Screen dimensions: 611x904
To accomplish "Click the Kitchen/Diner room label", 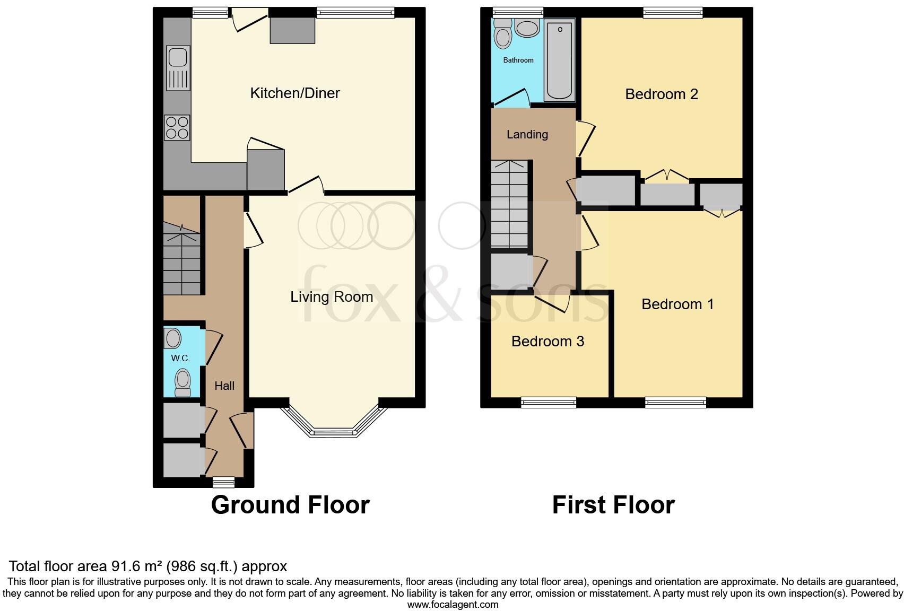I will pyautogui.click(x=294, y=93).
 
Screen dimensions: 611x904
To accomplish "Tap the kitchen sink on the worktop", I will pyautogui.click(x=178, y=68).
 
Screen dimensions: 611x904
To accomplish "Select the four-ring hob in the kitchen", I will pyautogui.click(x=177, y=127).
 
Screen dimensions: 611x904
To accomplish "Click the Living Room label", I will pyautogui.click(x=332, y=297).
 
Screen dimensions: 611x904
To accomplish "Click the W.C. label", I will pyautogui.click(x=180, y=359).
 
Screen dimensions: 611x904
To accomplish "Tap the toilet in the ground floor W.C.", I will pyautogui.click(x=182, y=383).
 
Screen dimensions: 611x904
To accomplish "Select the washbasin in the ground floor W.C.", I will pyautogui.click(x=172, y=338).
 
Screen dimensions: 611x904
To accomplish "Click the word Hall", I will pyautogui.click(x=224, y=386).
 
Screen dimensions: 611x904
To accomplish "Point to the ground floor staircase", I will pyautogui.click(x=181, y=260).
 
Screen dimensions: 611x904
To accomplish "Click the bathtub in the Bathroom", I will pyautogui.click(x=559, y=59).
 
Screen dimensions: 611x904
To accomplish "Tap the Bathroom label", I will pyautogui.click(x=518, y=60).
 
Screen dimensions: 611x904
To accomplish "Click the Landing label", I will pyautogui.click(x=527, y=135).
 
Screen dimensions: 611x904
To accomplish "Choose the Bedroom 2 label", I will pyautogui.click(x=661, y=94).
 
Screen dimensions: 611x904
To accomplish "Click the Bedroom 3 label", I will pyautogui.click(x=547, y=342).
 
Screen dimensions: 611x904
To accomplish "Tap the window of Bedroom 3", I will pyautogui.click(x=549, y=403).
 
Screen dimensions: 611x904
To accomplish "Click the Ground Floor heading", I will pyautogui.click(x=290, y=505).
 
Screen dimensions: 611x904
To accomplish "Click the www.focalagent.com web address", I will pyautogui.click(x=453, y=605).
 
